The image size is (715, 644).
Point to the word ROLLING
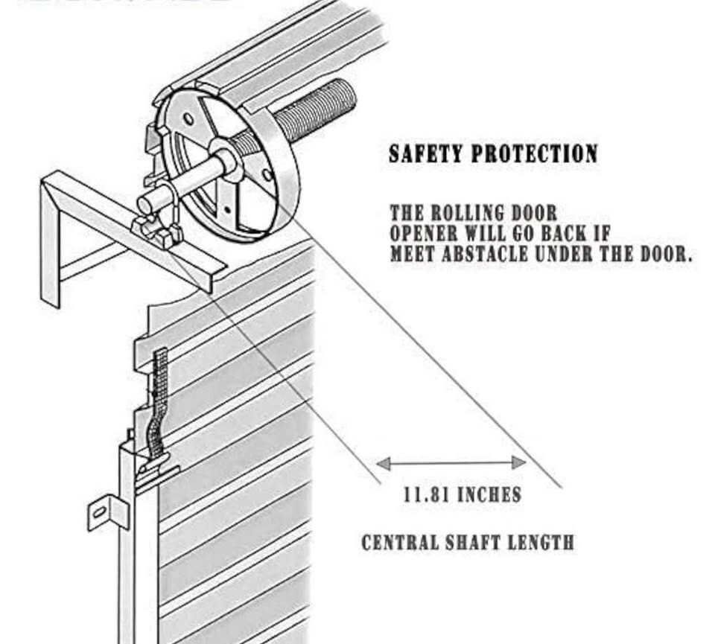click(x=483, y=213)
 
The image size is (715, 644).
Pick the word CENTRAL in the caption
click(x=398, y=542)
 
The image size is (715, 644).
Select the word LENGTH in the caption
click(x=541, y=542)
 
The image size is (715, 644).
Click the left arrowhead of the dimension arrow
click(x=383, y=464)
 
